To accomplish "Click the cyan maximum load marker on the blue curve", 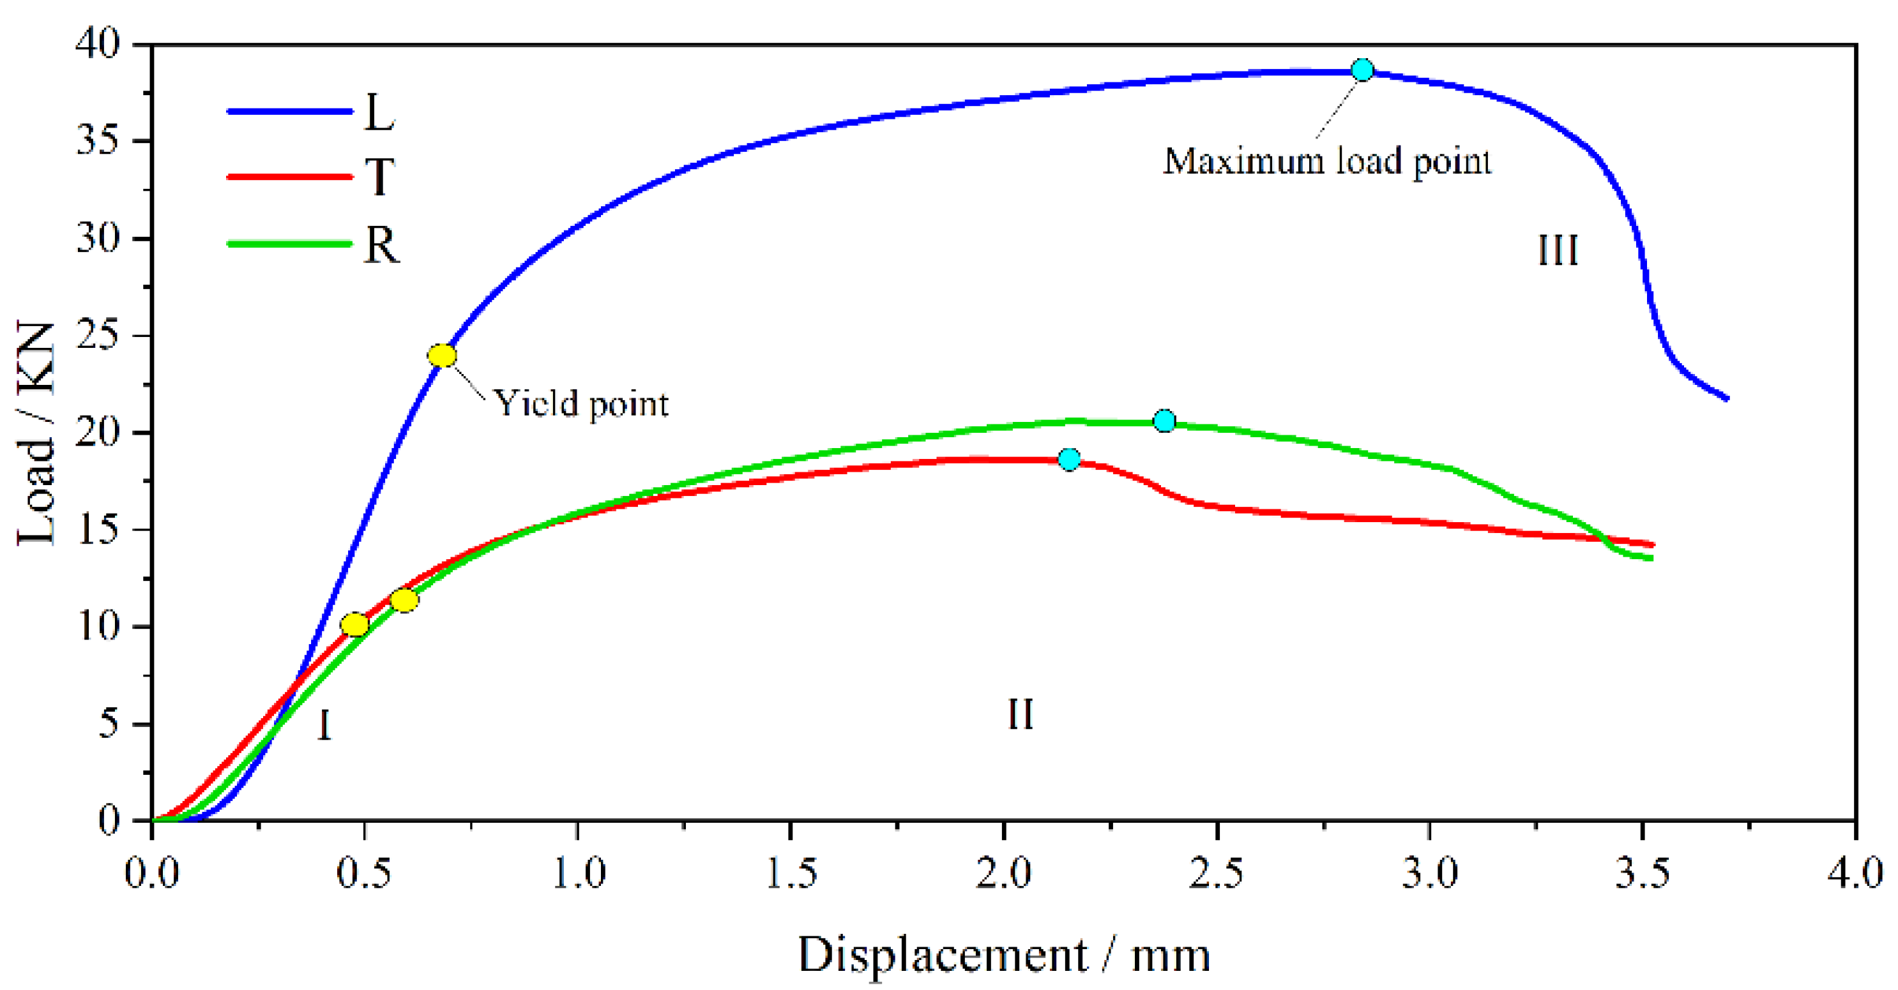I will click(1362, 70).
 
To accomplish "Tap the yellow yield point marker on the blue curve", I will click(441, 356).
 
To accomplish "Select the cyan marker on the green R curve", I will click(1164, 421).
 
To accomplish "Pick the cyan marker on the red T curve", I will click(1069, 460).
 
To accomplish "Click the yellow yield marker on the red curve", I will click(354, 625).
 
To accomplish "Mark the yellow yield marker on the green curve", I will click(404, 601).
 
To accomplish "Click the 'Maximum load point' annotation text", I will click(1327, 161).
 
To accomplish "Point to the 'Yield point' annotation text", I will click(581, 403).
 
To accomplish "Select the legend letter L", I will click(379, 114).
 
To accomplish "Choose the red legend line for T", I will click(289, 177).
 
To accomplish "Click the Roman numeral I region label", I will click(324, 726).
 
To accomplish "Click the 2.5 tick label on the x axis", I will click(1216, 874).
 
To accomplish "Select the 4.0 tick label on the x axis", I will click(1854, 874).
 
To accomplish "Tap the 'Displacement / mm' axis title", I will click(1003, 955).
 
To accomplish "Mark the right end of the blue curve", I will click(1726, 398).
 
